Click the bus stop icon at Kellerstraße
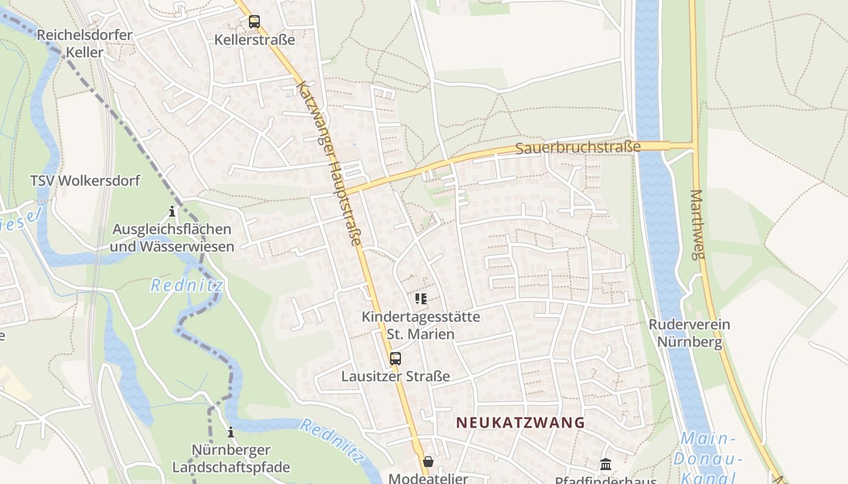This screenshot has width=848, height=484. [254, 22]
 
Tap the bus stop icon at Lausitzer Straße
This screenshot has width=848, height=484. [396, 358]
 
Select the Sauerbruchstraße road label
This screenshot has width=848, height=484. [578, 148]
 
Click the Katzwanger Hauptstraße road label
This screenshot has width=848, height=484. [328, 163]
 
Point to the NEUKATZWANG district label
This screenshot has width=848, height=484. [520, 422]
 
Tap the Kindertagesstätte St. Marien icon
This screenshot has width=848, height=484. [421, 298]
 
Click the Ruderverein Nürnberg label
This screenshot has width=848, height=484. [689, 333]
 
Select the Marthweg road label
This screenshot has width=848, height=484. [697, 224]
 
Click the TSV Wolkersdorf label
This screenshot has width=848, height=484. [85, 180]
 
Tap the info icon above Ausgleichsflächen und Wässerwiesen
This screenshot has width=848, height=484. [172, 212]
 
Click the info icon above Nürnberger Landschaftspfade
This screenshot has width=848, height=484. [231, 433]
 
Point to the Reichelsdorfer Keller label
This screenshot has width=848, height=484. [84, 44]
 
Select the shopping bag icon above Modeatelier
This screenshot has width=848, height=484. [428, 462]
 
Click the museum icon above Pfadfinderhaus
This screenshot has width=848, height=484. [606, 465]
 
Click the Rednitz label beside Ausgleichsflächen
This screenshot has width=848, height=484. [187, 285]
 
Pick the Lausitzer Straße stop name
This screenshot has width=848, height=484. [396, 376]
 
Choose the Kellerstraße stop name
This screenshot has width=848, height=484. [254, 40]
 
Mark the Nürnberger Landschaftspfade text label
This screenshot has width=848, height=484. [231, 459]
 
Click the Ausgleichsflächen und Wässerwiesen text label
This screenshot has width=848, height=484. [172, 238]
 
